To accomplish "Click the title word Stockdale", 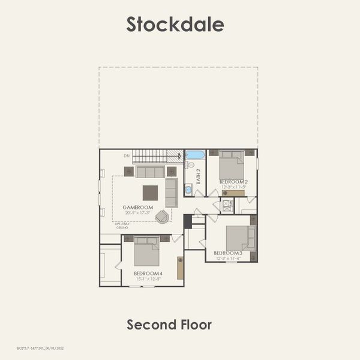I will (175, 24).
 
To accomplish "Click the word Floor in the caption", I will (196, 325).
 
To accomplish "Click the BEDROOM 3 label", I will (227, 253).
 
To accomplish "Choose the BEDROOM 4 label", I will (148, 274).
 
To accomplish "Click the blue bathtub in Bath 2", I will (195, 155).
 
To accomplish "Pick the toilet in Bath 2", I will (189, 164).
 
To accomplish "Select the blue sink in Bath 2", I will (188, 190).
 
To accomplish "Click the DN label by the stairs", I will (127, 156).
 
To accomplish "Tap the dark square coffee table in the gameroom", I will (150, 193).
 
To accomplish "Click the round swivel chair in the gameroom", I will (162, 216).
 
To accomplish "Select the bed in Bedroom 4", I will (146, 253).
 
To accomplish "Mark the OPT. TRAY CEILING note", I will (122, 226).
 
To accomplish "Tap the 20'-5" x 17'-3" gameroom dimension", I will (137, 213).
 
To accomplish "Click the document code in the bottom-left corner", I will (36, 348).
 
